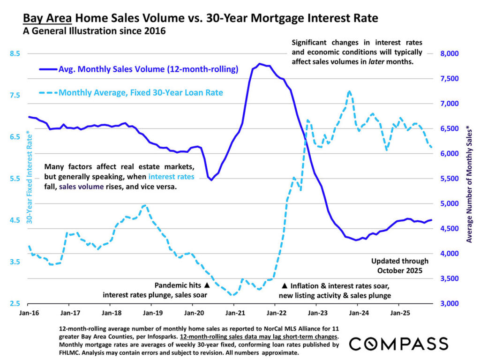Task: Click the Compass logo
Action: click(x=398, y=343)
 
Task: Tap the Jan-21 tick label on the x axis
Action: click(x=234, y=311)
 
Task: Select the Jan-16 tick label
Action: click(x=29, y=311)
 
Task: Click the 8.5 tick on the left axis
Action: click(x=15, y=53)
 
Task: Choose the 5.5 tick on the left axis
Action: click(x=15, y=179)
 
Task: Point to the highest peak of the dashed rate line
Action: click(x=349, y=91)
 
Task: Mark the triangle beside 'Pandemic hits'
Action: click(x=207, y=285)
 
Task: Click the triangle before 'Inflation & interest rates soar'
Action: click(x=284, y=285)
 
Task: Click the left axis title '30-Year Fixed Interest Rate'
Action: click(x=29, y=179)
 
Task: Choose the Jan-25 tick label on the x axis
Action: click(x=398, y=311)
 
